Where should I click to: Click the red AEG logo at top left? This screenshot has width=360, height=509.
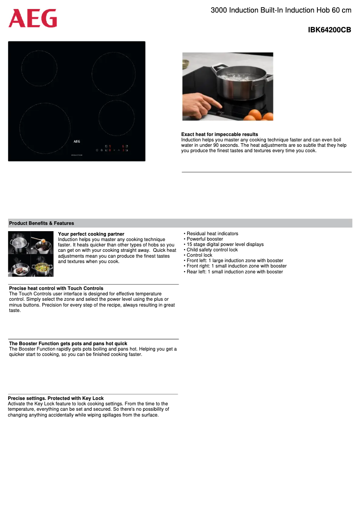pos(33,18)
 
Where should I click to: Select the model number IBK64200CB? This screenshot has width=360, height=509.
pos(329,30)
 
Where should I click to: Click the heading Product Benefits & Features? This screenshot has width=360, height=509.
pos(42,223)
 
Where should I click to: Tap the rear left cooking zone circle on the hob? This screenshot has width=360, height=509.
pos(40,68)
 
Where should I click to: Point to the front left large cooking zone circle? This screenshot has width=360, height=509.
pos(45,128)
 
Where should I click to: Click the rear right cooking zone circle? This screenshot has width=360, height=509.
pos(114,73)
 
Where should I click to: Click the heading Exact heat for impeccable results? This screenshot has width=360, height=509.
pos(220,134)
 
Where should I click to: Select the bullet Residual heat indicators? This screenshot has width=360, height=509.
pos(212,234)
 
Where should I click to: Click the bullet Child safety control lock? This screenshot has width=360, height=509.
pos(212,250)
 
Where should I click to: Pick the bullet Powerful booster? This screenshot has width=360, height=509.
pos(205,239)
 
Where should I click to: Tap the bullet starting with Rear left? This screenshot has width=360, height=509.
pos(234,272)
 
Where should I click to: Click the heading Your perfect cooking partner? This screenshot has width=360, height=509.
pos(91,234)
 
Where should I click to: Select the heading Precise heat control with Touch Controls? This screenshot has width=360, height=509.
pos(56,288)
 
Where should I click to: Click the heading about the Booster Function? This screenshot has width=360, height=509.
pos(68,343)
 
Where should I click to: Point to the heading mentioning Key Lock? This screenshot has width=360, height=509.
pos(56,398)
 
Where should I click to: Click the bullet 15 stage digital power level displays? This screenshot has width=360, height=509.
pos(225,245)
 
